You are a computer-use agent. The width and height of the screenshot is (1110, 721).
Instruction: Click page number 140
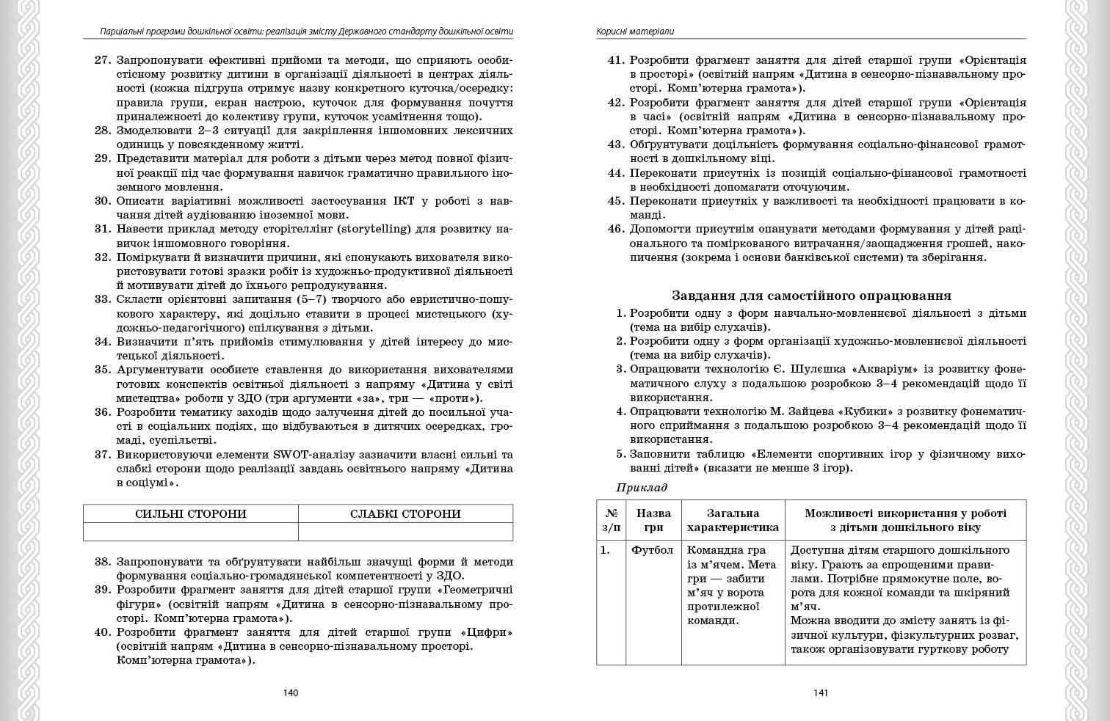click(x=291, y=692)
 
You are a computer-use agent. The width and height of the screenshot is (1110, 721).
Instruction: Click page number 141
click(x=820, y=692)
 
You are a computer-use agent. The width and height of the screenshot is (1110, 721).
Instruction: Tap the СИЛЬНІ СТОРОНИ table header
click(x=191, y=514)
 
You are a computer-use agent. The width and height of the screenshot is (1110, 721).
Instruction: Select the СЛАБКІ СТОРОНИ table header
click(x=405, y=514)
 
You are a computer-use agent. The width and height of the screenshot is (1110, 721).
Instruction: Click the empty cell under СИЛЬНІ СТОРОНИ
click(x=191, y=532)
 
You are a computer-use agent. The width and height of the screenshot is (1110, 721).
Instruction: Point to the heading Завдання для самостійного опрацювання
click(x=811, y=296)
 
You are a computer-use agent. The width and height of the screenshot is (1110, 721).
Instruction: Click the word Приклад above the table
click(x=642, y=487)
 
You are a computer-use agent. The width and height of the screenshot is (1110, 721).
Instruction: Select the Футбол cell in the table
click(x=652, y=550)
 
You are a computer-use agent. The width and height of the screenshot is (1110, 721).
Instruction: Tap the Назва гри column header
click(x=653, y=520)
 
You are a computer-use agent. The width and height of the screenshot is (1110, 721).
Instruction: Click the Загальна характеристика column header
click(x=733, y=520)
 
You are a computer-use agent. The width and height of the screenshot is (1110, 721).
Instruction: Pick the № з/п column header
click(x=611, y=520)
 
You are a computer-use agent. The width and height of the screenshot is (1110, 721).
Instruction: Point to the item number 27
click(x=102, y=60)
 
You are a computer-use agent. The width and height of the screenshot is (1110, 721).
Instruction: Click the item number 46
click(x=615, y=229)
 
